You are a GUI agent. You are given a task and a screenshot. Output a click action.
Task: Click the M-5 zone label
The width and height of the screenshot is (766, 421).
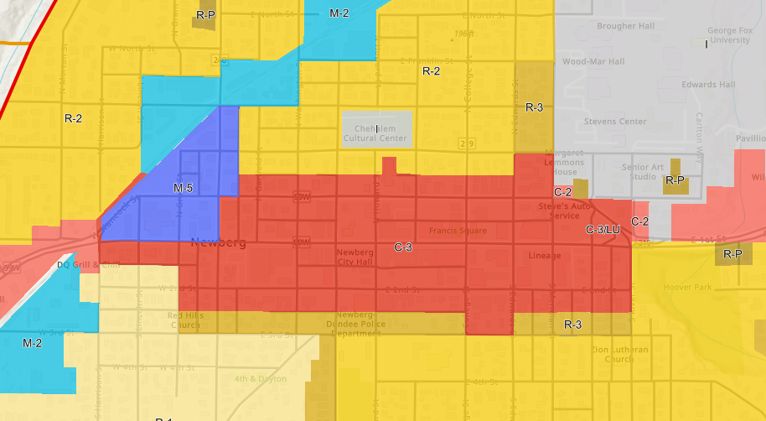(184, 188)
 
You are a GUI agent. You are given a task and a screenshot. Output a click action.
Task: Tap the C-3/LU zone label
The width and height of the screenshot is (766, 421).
(603, 229)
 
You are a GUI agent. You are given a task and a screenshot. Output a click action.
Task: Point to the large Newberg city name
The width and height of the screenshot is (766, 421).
(218, 243)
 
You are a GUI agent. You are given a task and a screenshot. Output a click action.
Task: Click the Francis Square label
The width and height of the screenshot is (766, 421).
(458, 231)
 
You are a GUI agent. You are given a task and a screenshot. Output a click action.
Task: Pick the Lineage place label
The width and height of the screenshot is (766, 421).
(545, 255)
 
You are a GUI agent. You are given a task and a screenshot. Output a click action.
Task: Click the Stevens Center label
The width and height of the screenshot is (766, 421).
(615, 122)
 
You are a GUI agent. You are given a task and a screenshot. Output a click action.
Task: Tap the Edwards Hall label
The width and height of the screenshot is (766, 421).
(708, 85)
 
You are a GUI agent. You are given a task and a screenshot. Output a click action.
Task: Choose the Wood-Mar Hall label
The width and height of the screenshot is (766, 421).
(593, 62)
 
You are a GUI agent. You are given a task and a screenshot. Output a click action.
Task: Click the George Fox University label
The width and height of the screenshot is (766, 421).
(728, 35)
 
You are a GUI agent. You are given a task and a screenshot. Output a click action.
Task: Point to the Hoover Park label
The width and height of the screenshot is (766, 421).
(686, 287)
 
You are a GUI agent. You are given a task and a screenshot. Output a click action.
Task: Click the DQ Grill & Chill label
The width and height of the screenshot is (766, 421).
(89, 265)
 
